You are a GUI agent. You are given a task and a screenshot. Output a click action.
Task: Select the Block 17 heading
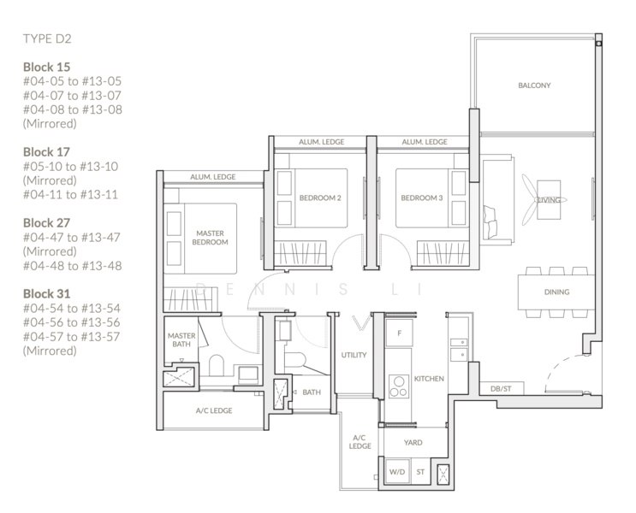(46, 150)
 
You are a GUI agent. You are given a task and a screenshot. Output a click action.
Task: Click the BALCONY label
(534, 85)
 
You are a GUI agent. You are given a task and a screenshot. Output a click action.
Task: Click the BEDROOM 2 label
(320, 198)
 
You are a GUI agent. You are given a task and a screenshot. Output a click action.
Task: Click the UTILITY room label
(354, 354)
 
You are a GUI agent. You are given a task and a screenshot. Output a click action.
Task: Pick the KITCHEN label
(429, 377)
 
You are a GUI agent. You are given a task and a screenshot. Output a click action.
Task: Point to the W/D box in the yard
(397, 471)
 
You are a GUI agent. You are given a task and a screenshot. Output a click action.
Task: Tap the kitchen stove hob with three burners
(399, 387)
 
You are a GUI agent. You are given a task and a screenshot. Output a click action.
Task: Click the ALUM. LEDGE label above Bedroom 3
(424, 142)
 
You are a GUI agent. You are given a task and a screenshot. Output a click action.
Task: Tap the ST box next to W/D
(420, 471)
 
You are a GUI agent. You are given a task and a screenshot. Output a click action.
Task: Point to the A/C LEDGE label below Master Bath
(213, 410)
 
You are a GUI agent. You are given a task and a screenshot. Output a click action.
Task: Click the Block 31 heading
(46, 293)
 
